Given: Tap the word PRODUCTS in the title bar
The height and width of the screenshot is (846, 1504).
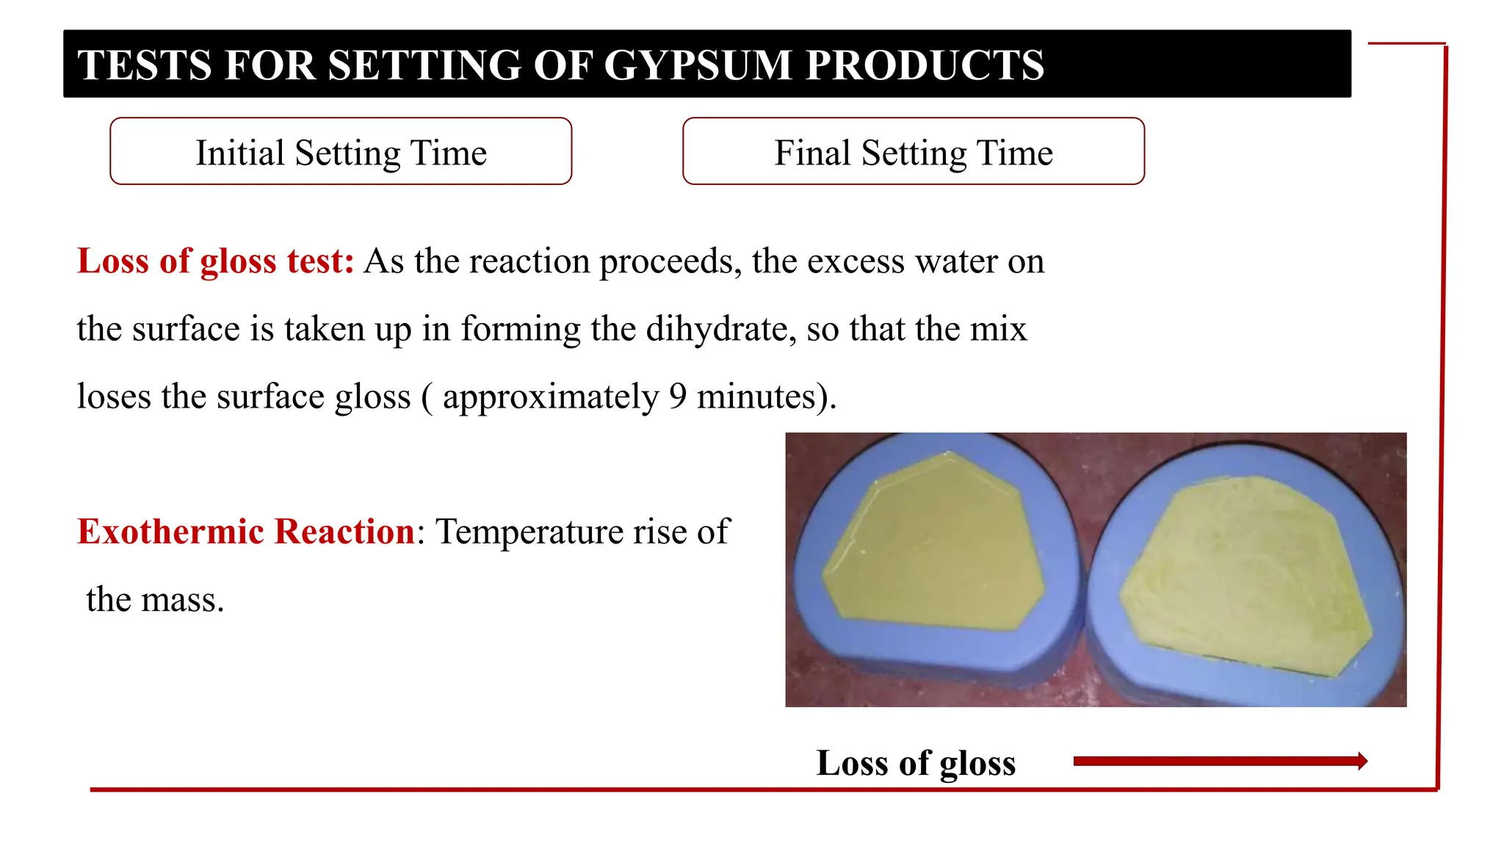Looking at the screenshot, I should [925, 65].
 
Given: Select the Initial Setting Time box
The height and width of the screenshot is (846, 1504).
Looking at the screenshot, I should [341, 151].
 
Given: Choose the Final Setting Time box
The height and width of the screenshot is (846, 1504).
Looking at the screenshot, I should [913, 151].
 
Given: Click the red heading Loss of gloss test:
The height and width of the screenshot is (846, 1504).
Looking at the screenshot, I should [215, 261].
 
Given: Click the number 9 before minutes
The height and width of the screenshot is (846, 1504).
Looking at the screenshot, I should [678, 397].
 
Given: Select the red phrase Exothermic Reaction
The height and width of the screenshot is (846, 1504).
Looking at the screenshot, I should [246, 532].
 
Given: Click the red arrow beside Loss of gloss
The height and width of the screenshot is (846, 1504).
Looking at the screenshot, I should [1219, 762].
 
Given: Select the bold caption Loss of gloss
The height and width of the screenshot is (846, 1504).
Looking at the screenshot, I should [916, 763].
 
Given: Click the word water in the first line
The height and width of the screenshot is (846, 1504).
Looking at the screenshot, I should [954, 261].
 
